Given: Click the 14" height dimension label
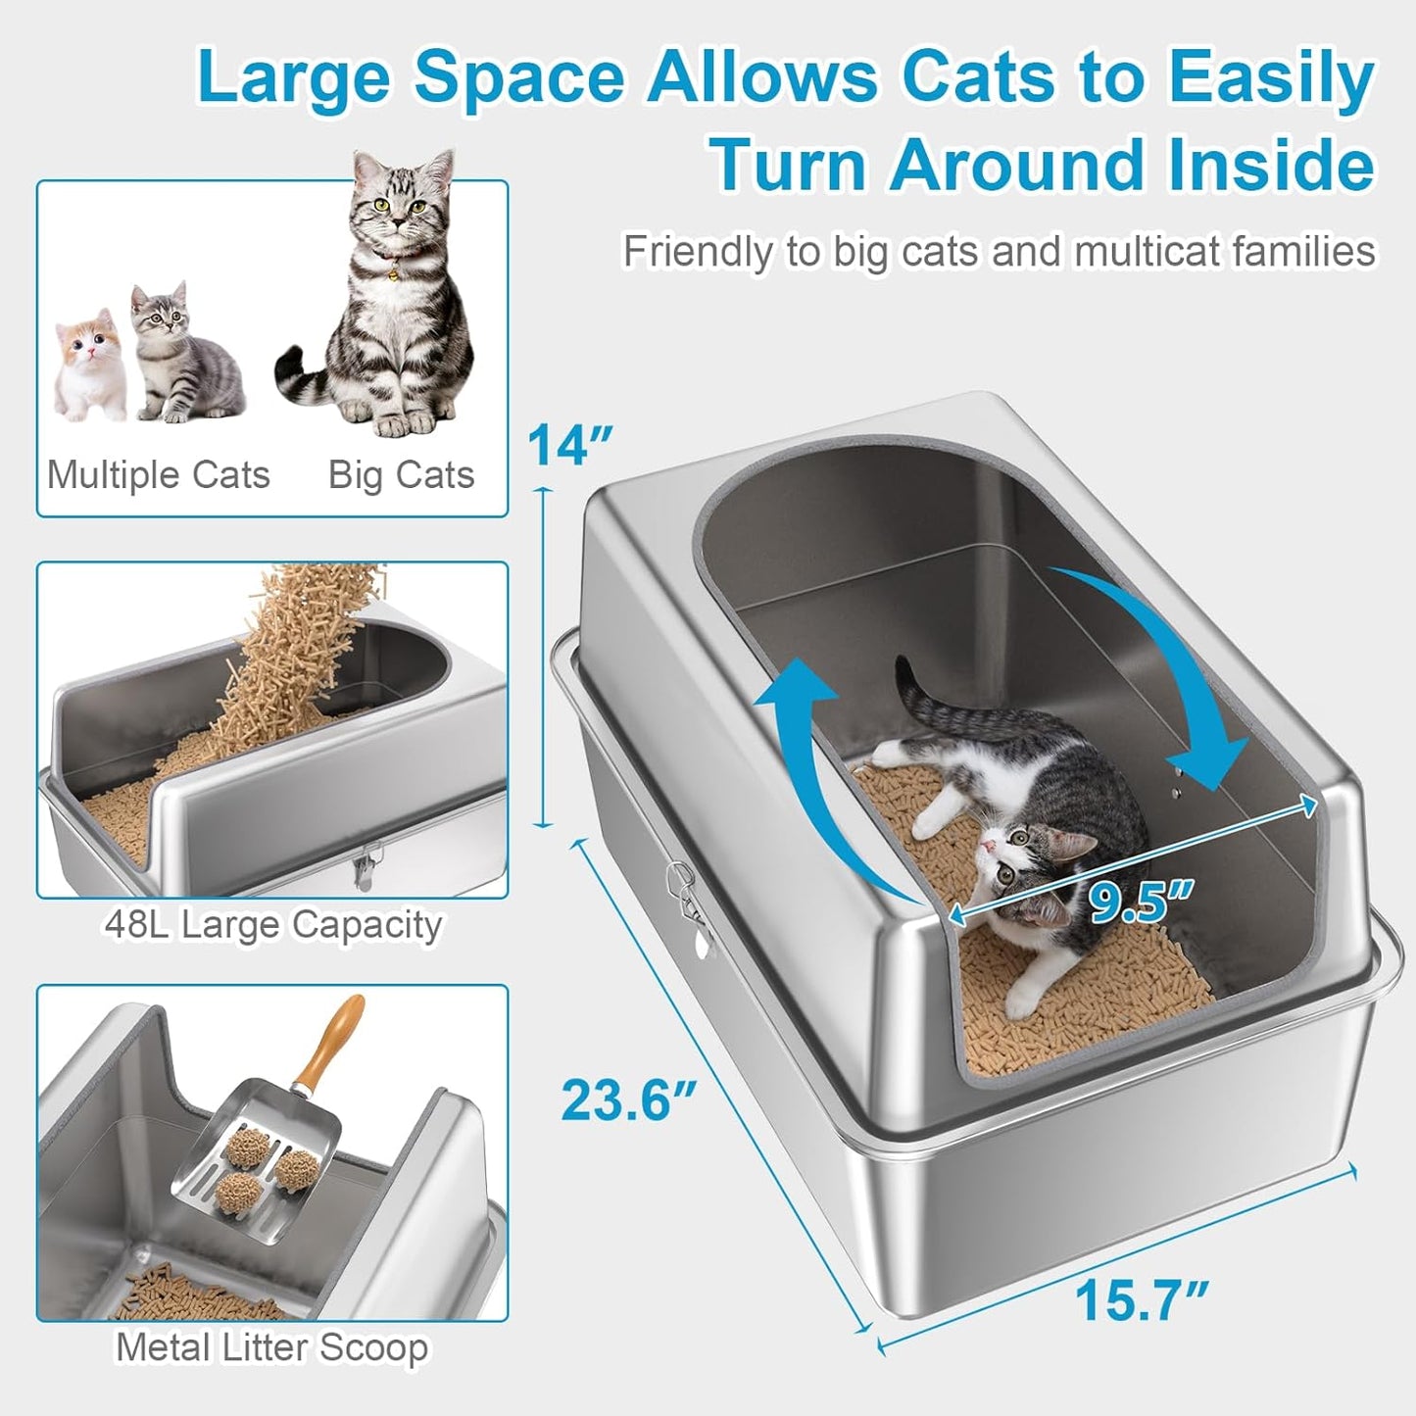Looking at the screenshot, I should coord(569,446).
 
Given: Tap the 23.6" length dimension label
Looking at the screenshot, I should coord(628,1100).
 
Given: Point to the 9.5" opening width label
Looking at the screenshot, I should coord(1142,902).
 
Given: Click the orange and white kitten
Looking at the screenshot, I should coord(88,363).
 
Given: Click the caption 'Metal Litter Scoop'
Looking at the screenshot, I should coord(271,1347).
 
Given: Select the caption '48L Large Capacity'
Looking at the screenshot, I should coord(272,924).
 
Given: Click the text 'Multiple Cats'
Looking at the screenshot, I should coord(158,475).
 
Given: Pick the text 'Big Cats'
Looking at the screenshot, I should coord(401,475).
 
